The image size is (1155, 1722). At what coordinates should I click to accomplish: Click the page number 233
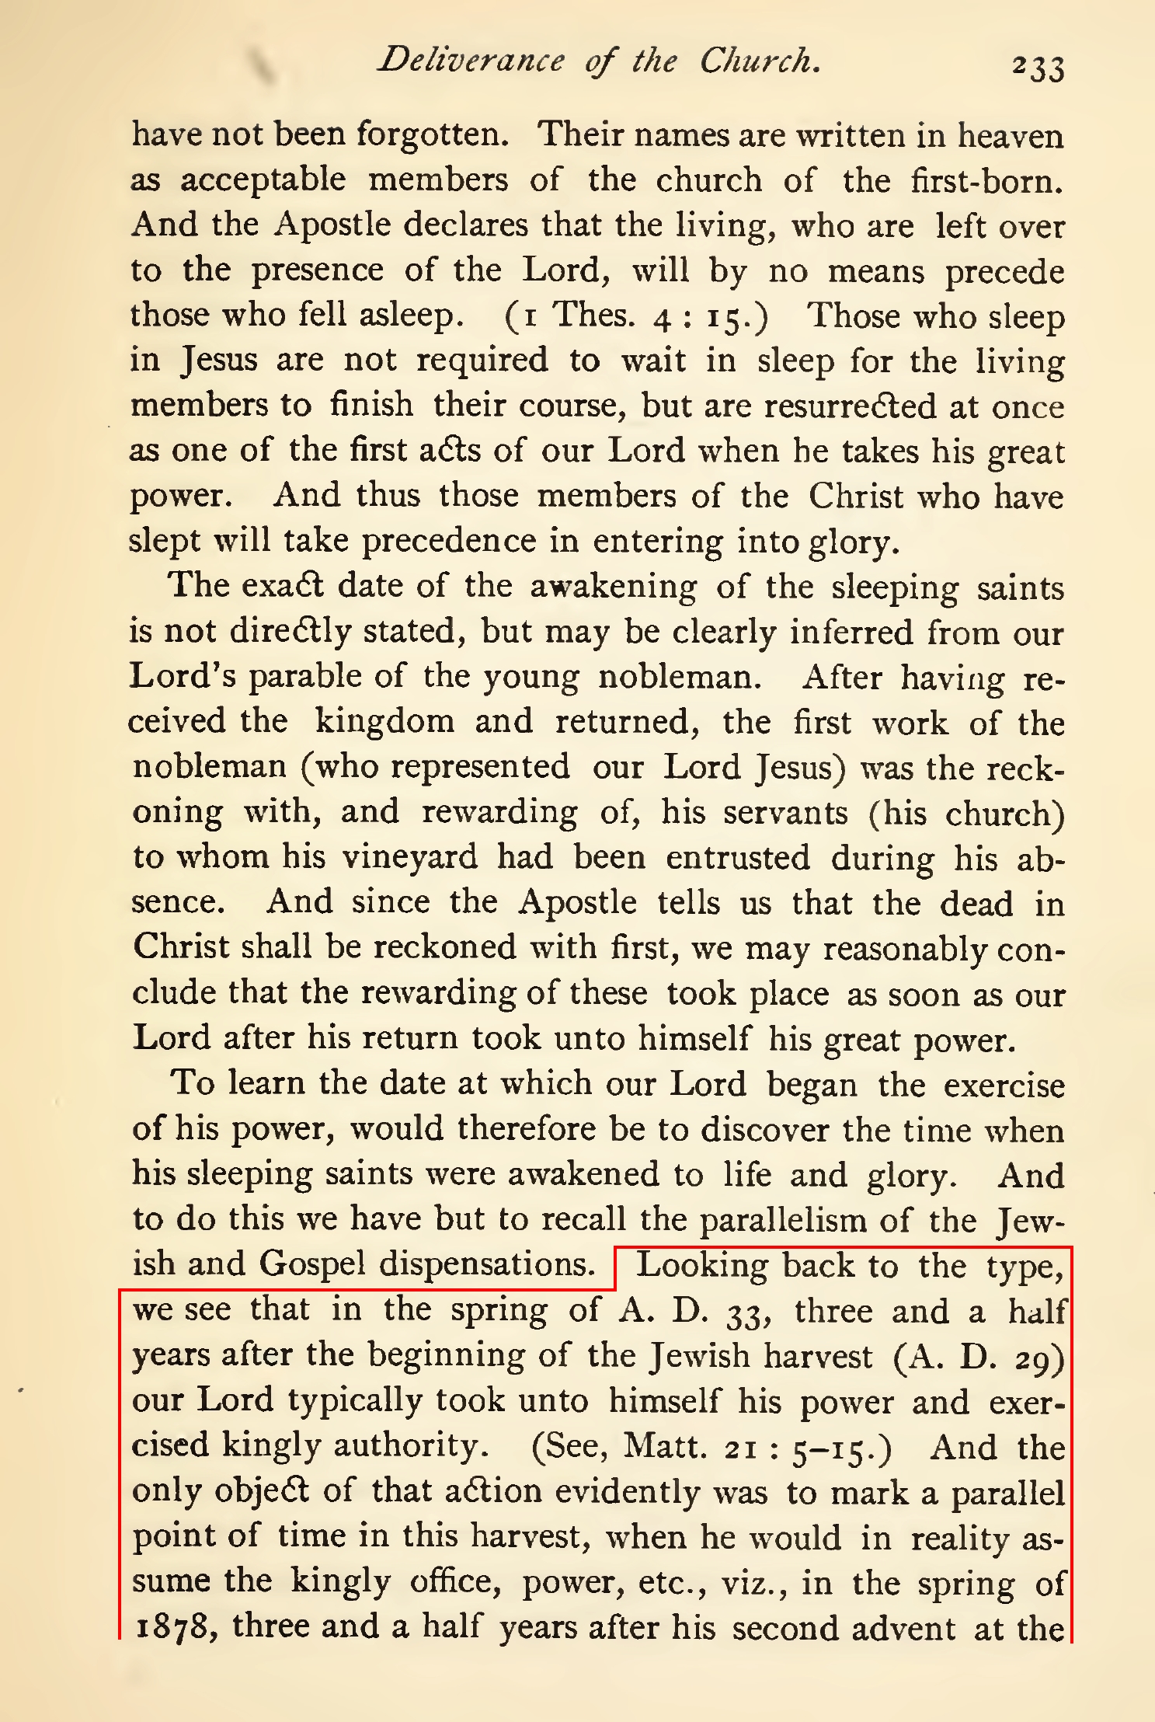pyautogui.click(x=1037, y=68)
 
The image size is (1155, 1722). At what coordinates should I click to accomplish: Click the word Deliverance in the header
pyautogui.click(x=471, y=61)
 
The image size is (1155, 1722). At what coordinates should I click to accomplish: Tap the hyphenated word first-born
pyautogui.click(x=986, y=180)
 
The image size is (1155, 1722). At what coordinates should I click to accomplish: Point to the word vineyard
pyautogui.click(x=410, y=857)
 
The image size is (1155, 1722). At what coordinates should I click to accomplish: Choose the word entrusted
pyautogui.click(x=738, y=857)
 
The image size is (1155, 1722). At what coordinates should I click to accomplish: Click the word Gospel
pyautogui.click(x=311, y=1264)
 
